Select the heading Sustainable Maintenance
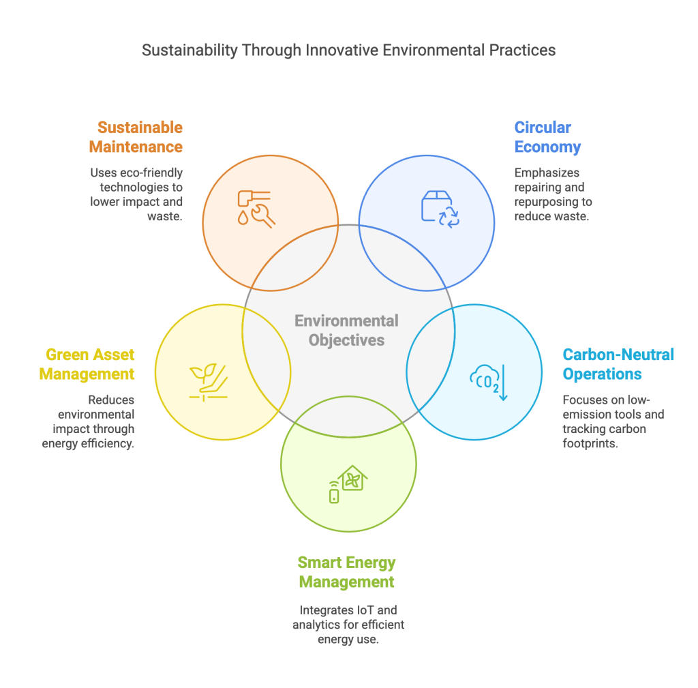pyautogui.click(x=140, y=137)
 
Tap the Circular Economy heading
pyautogui.click(x=547, y=137)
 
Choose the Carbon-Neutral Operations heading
pyautogui.click(x=618, y=364)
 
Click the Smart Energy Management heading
pyautogui.click(x=346, y=572)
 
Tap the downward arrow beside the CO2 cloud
pyautogui.click(x=502, y=382)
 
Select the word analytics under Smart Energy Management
pyautogui.click(x=316, y=624)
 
